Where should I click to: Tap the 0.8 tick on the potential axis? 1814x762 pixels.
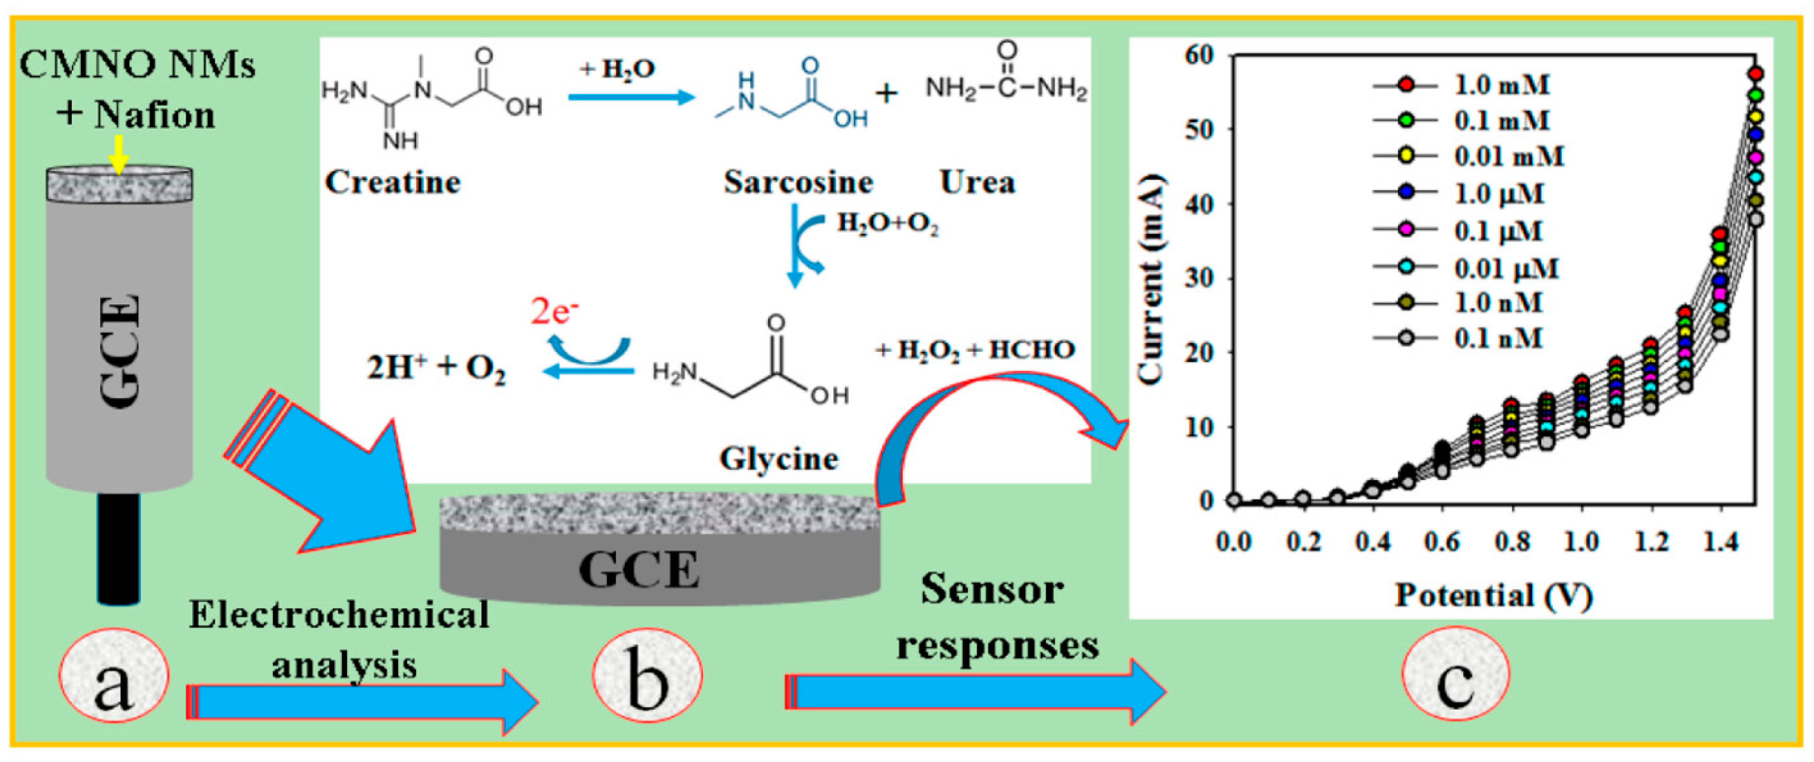coord(1512,542)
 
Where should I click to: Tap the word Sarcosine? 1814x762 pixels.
coord(798,182)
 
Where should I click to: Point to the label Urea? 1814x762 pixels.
coord(977,182)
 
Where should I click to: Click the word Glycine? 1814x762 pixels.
coord(779,459)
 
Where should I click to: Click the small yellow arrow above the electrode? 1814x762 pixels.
coord(118,154)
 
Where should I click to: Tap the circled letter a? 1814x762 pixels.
coord(114,676)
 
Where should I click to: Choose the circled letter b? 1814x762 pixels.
coord(646,676)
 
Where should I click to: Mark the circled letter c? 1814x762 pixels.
coord(1456,676)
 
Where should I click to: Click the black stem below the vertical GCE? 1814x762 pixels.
coord(118,548)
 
